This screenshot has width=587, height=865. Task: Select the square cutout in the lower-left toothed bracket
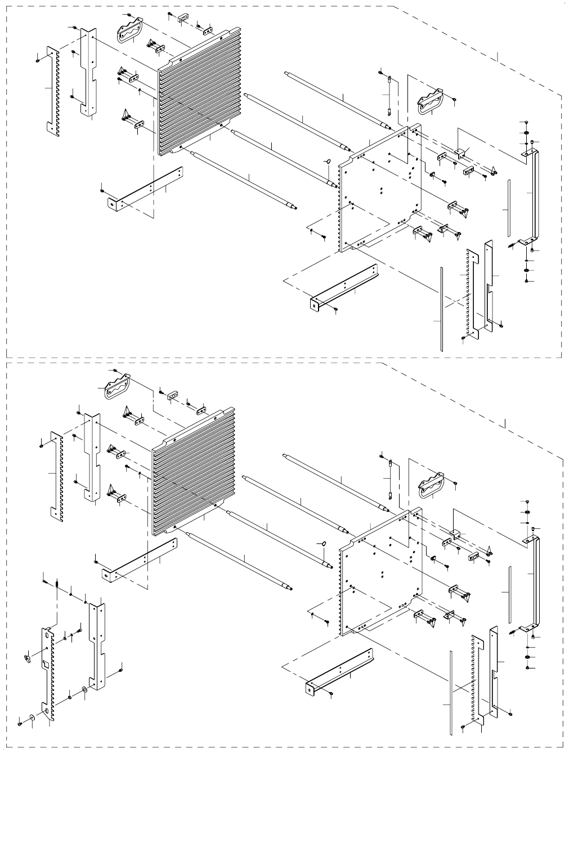[45, 665]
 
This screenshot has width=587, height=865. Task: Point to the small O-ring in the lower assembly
[323, 542]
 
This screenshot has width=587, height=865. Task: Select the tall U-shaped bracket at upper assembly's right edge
[535, 197]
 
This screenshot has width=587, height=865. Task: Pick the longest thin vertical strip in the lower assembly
[451, 693]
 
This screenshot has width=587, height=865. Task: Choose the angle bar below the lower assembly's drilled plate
[340, 670]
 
